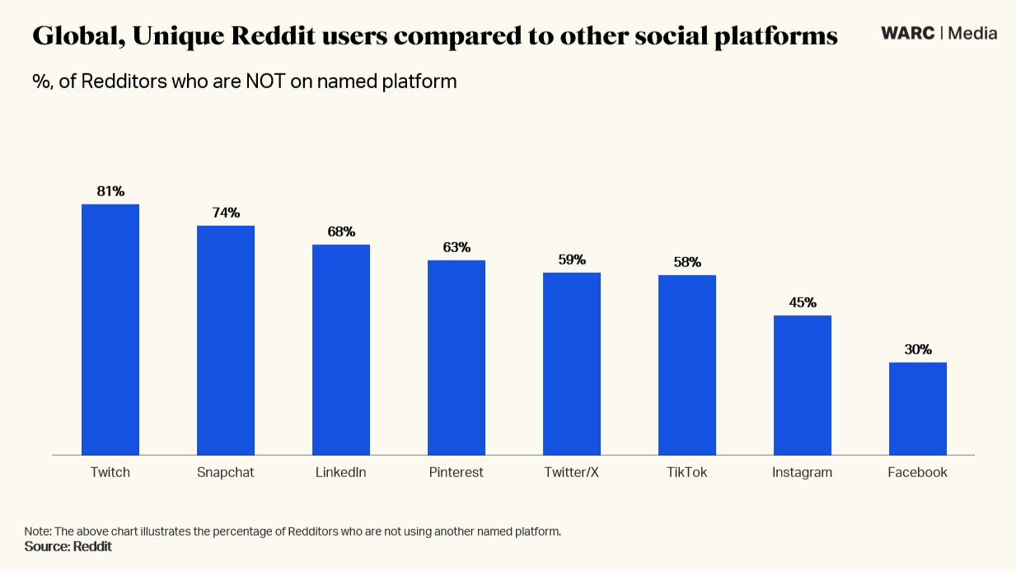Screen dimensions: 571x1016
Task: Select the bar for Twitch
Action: (110, 330)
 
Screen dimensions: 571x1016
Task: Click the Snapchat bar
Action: (226, 339)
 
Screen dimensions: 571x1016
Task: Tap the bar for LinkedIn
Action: (341, 349)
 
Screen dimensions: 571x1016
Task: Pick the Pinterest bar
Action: (456, 358)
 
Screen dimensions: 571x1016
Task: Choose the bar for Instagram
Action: (803, 385)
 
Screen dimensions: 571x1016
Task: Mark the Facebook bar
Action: (918, 409)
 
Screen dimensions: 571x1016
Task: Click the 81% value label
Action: (110, 191)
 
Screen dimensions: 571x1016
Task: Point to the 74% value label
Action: (226, 213)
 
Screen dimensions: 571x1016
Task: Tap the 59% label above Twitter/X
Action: (572, 260)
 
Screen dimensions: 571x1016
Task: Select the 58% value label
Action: (687, 262)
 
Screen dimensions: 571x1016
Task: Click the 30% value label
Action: (918, 349)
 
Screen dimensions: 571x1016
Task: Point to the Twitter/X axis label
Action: (572, 473)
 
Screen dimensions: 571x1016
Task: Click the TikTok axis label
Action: (687, 473)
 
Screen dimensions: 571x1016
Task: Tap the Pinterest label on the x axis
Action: (456, 473)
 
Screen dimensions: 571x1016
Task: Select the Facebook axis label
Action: (918, 473)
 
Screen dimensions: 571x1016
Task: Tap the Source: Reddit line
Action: (68, 546)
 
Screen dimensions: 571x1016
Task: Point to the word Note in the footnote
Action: (37, 531)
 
